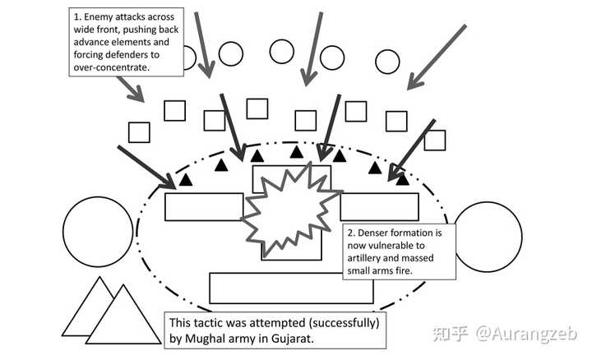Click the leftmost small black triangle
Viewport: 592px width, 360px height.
(186, 178)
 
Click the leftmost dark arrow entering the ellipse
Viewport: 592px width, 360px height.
(148, 164)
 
